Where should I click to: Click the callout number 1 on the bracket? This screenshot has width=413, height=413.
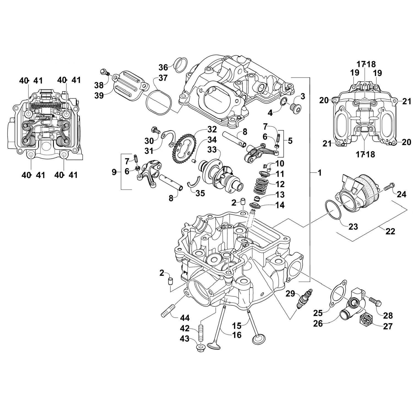point(319,173)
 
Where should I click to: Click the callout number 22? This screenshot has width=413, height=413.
point(390,231)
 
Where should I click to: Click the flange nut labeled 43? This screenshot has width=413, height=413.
point(200,348)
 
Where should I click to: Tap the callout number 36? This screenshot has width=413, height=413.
point(163,67)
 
